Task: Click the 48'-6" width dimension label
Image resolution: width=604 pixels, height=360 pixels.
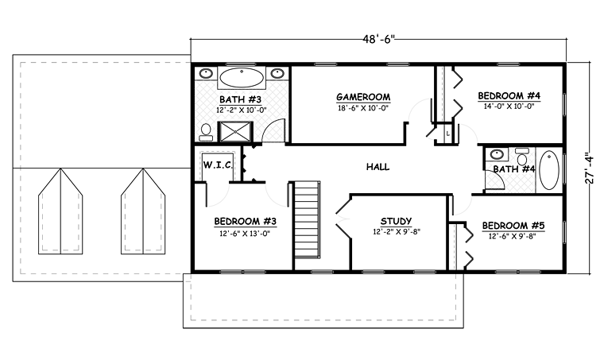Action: click(x=378, y=39)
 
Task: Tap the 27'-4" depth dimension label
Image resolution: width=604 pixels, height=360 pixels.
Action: click(x=590, y=168)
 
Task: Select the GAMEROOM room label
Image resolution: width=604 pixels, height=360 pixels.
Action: click(x=363, y=97)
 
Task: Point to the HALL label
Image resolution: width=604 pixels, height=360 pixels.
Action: click(x=377, y=167)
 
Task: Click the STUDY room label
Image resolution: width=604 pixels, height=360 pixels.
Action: click(x=396, y=222)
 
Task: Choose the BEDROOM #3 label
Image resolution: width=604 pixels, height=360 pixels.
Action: click(x=245, y=222)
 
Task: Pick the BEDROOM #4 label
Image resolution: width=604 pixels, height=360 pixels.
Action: click(x=509, y=96)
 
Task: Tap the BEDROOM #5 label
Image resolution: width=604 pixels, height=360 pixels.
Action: click(x=513, y=226)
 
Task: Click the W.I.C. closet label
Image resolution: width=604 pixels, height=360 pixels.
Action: click(x=217, y=165)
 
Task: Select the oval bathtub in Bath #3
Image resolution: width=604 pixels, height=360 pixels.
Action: click(x=242, y=78)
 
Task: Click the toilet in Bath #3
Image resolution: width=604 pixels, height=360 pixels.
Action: click(x=206, y=133)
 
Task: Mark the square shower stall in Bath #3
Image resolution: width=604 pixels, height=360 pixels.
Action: click(x=235, y=132)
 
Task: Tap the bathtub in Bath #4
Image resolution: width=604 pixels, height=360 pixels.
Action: click(x=548, y=170)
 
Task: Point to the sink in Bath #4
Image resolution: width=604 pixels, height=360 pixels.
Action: click(x=496, y=154)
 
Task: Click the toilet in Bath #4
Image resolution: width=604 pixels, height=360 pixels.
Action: click(x=521, y=157)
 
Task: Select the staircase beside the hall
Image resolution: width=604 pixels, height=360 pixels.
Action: click(x=307, y=219)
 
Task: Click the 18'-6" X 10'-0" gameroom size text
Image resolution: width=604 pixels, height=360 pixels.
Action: click(x=362, y=108)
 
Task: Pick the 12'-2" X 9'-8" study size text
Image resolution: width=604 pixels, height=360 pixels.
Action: click(x=396, y=232)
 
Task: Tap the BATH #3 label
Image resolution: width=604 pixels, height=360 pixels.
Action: click(x=241, y=99)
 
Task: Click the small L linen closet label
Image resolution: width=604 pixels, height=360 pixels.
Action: click(x=448, y=134)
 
